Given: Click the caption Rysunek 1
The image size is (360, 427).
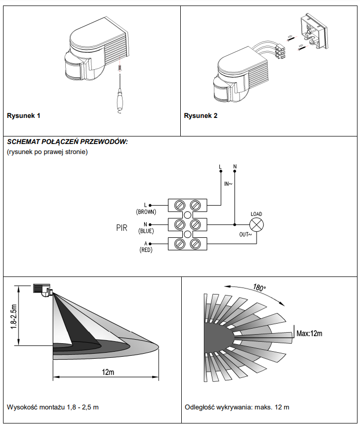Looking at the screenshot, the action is click(x=24, y=116).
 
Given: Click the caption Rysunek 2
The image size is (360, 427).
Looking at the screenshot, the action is click(x=200, y=116).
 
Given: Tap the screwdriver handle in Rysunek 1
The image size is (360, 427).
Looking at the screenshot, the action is click(x=119, y=99).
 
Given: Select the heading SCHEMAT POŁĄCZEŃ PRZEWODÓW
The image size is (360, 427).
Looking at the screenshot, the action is click(x=67, y=141).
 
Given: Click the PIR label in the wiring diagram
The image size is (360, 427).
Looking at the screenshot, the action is click(x=122, y=228).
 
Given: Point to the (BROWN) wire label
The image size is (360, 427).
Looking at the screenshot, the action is click(x=146, y=212).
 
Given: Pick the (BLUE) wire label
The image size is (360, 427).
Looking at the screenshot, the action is click(x=146, y=231).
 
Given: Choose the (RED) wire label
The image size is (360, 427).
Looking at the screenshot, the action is click(x=146, y=250).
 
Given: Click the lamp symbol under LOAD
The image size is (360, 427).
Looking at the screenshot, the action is click(x=257, y=225).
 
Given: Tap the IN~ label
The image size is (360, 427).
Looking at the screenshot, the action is click(x=228, y=184).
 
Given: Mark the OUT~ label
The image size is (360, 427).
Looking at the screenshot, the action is click(x=245, y=234).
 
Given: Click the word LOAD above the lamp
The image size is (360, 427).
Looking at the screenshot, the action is click(x=256, y=214).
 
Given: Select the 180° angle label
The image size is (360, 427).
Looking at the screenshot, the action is click(x=259, y=288).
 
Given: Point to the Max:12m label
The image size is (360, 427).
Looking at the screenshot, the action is click(x=309, y=333).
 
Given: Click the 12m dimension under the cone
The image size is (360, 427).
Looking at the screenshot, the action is click(x=108, y=372).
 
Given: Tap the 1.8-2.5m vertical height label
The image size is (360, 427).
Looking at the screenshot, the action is click(x=14, y=317).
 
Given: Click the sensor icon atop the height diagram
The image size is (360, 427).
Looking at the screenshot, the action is click(x=42, y=290).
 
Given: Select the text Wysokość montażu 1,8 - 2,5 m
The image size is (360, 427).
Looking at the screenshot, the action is click(x=53, y=407).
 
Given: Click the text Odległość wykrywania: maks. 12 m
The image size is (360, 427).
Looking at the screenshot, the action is click(x=237, y=407).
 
